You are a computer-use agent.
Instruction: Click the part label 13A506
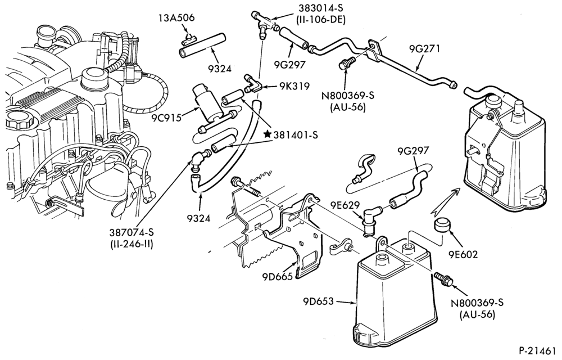(x=176, y=18)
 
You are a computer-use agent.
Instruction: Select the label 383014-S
(x=320, y=8)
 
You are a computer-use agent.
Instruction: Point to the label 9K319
(x=294, y=87)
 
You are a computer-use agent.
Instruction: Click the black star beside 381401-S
(x=267, y=134)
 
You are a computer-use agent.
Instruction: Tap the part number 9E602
(x=463, y=254)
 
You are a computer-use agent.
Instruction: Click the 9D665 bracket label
(x=278, y=276)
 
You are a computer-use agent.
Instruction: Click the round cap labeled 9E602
(x=442, y=225)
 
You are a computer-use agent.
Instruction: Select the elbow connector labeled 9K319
(x=253, y=84)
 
